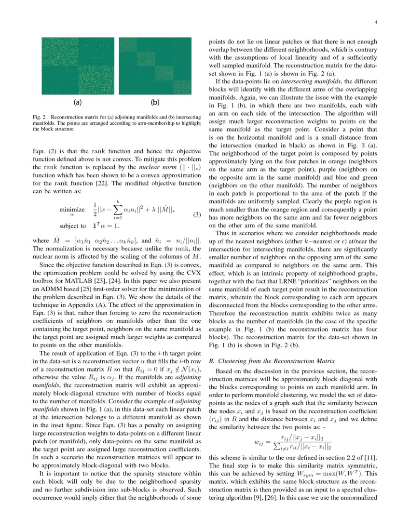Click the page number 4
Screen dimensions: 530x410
click(376, 22)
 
